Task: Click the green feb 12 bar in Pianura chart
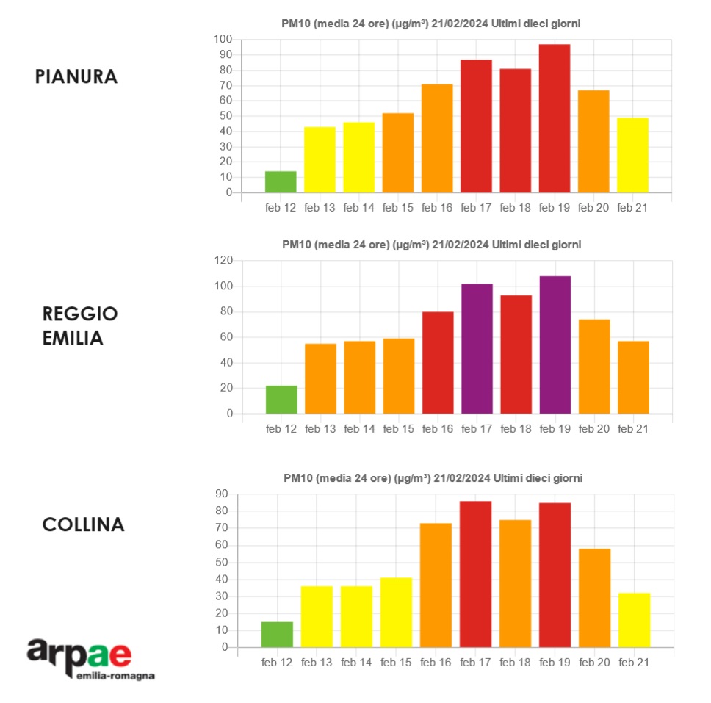tap(281, 182)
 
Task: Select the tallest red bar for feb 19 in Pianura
tap(555, 118)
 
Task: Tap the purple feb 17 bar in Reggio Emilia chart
tap(477, 349)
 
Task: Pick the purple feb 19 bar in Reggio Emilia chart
tap(555, 345)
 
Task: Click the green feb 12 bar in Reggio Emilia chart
tap(281, 400)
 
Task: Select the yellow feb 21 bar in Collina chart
tap(634, 620)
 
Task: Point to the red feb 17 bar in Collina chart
tap(475, 574)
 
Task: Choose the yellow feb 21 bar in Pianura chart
tap(632, 155)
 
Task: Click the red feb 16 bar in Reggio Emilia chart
tap(438, 363)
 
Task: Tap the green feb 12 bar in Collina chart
tap(277, 635)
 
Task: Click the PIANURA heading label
tap(76, 77)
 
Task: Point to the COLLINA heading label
tap(83, 524)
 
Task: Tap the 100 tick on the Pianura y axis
tap(223, 39)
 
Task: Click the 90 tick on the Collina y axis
tap(221, 494)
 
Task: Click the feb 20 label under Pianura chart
tap(593, 208)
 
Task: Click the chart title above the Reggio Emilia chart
tap(431, 245)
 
